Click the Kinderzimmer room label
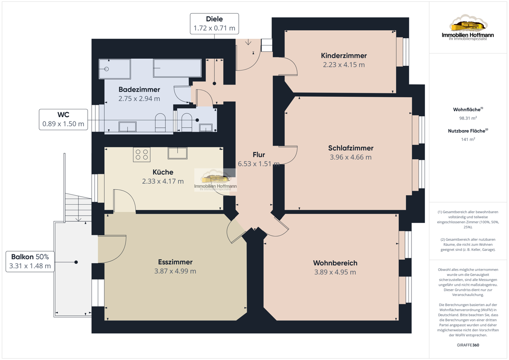344,56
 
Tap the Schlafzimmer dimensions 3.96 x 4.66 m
351,157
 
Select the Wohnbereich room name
335,263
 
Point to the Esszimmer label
175,262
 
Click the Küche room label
163,172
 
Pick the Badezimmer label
139,90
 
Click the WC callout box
63,119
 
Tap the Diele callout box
214,24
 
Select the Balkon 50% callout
30,262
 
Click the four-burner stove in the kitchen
142,155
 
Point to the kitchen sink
177,153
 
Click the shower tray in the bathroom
115,69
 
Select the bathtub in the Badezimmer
177,68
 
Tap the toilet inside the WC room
187,122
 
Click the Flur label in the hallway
259,155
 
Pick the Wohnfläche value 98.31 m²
468,118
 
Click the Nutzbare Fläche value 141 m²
468,139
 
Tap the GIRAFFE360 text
468,345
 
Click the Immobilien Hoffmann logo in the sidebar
467,27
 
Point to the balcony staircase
78,208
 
